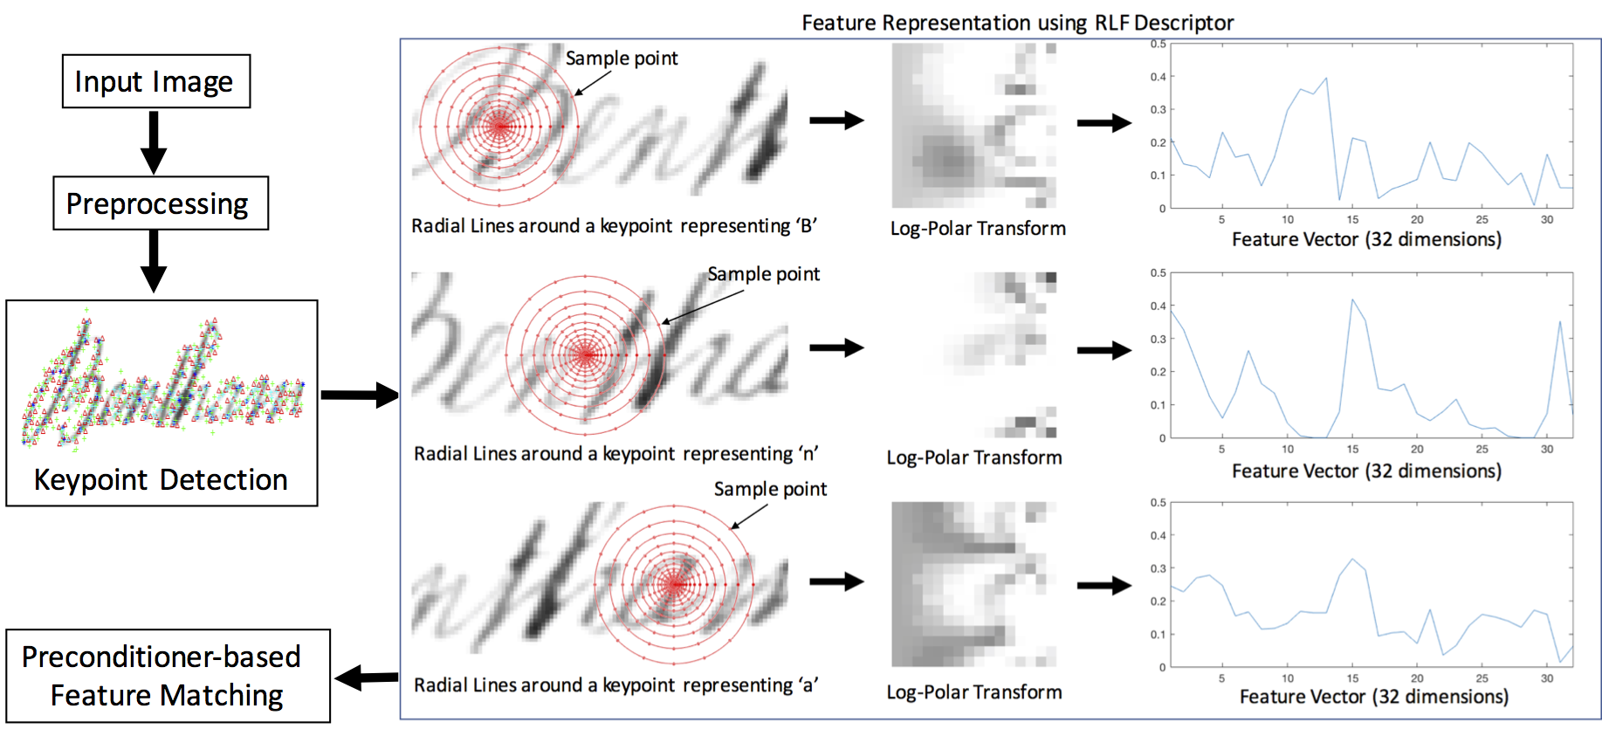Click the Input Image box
tap(155, 81)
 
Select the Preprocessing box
tap(160, 203)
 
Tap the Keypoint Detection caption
tap(161, 480)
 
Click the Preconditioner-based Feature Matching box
tap(168, 676)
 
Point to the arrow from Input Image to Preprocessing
tap(154, 141)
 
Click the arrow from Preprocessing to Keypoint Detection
tap(154, 261)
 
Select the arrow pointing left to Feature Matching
tap(367, 677)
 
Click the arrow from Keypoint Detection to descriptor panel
tap(359, 395)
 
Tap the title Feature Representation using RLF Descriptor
tap(1017, 23)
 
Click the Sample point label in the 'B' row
tap(622, 58)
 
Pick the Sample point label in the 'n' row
tap(763, 274)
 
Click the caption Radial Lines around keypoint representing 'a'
tap(616, 685)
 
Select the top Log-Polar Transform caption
tap(978, 229)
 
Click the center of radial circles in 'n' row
tap(586, 355)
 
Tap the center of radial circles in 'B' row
tap(499, 127)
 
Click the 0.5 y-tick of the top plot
tap(1158, 44)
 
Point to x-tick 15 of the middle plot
tap(1352, 450)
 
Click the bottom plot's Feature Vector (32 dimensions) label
tap(1373, 697)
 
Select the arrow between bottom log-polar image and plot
tap(1104, 585)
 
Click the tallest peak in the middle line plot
tap(1352, 299)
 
